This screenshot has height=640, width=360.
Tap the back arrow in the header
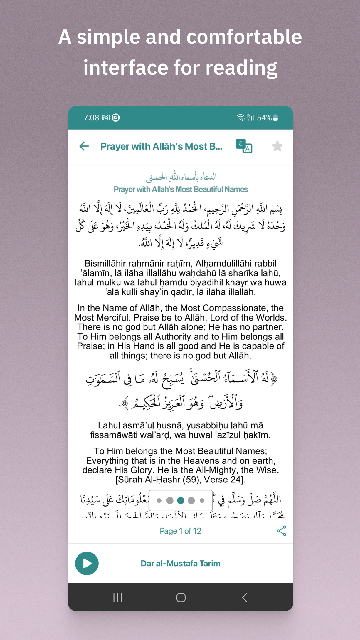tap(84, 146)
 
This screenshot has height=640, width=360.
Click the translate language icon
tap(244, 146)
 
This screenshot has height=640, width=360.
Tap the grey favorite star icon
tap(277, 146)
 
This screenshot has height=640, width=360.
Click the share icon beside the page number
tap(281, 531)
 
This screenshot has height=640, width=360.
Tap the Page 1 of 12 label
tap(180, 531)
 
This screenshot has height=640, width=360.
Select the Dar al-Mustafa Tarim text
tap(180, 563)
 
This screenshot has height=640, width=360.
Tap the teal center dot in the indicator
tap(181, 500)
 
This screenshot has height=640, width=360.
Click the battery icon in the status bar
tap(275, 118)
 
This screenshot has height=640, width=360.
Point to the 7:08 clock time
tap(91, 118)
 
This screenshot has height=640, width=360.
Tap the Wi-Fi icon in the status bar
tap(240, 118)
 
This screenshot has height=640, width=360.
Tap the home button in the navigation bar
tap(181, 597)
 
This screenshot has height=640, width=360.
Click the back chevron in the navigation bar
tap(244, 597)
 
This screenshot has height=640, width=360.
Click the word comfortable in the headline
tap(244, 37)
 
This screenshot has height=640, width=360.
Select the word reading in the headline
tap(241, 68)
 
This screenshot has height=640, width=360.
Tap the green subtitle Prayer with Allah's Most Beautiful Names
tap(181, 189)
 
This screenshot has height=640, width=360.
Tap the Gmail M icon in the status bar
tap(106, 118)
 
